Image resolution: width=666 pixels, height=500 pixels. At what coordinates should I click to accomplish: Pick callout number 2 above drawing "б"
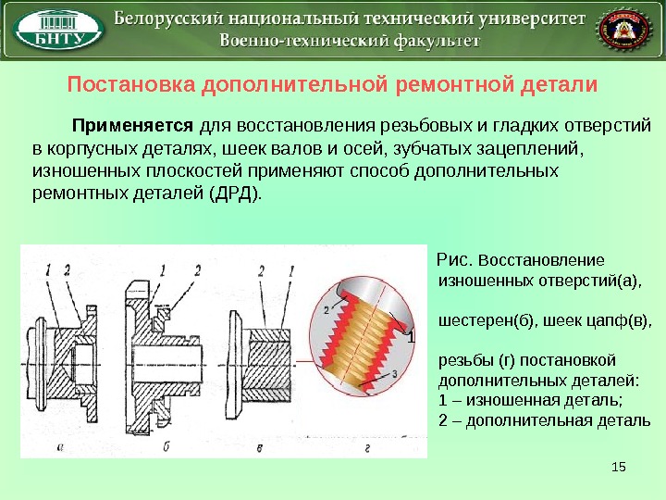[196, 269]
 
